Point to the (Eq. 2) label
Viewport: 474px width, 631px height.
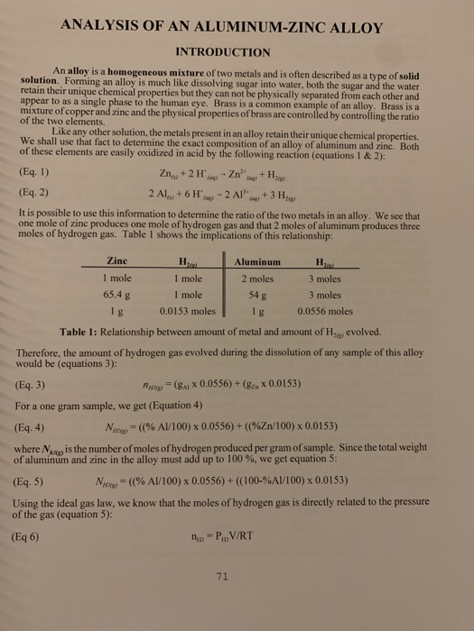[34, 191]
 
